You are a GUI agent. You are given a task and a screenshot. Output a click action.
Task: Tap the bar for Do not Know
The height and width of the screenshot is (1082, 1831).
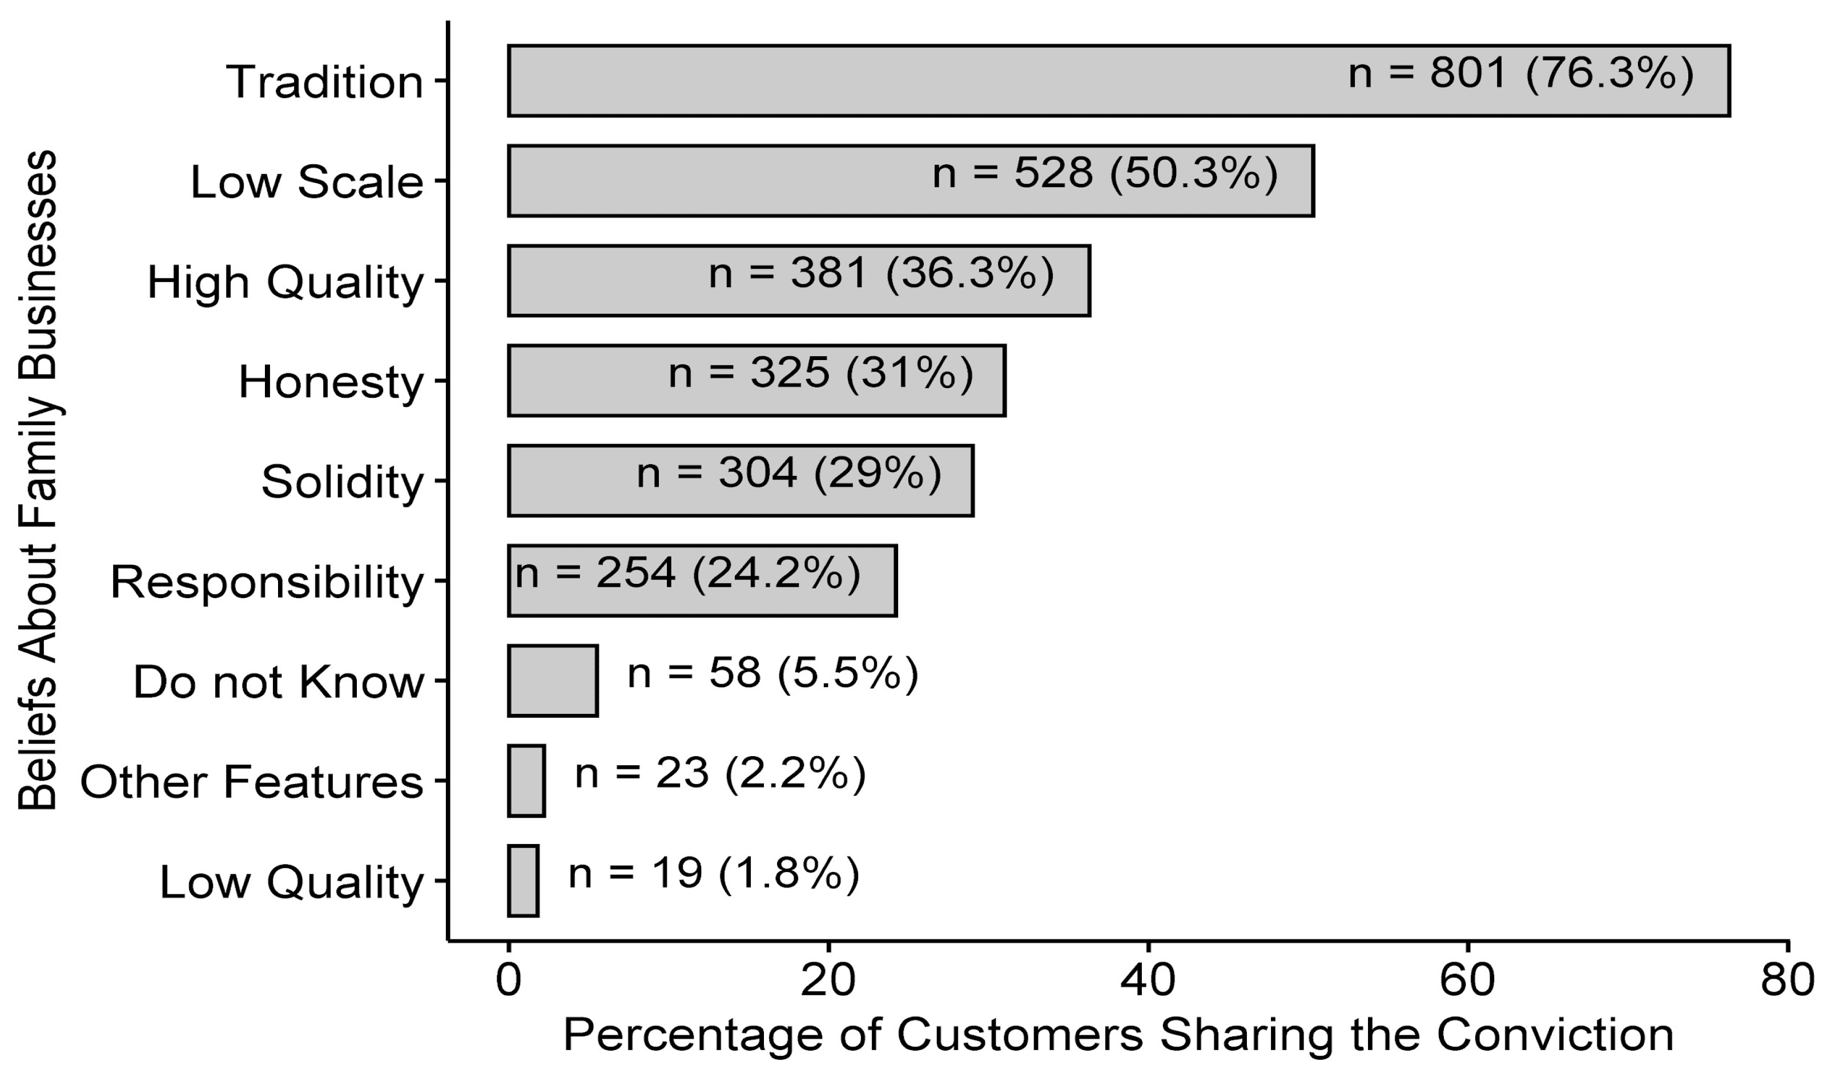[552, 680]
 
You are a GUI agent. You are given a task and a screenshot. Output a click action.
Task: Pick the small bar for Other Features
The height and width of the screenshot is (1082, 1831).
[526, 780]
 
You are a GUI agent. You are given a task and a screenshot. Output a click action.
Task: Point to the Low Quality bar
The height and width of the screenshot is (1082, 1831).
[523, 880]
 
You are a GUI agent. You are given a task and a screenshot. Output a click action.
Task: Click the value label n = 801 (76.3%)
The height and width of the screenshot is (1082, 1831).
[1520, 74]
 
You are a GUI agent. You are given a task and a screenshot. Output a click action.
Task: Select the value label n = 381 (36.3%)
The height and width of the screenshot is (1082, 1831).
[881, 274]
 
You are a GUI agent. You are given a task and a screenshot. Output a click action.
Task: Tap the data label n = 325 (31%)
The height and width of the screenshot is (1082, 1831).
[820, 373]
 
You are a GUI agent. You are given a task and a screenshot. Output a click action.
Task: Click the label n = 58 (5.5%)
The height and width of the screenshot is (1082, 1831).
[772, 672]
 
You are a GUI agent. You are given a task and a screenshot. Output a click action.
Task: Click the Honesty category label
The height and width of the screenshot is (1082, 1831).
[331, 381]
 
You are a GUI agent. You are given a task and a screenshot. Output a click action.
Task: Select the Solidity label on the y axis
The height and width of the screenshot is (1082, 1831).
[342, 481]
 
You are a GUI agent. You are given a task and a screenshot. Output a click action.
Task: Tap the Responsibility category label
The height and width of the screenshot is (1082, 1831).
[267, 582]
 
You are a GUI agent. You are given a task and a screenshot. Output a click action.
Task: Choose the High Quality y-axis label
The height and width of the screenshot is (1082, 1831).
[285, 282]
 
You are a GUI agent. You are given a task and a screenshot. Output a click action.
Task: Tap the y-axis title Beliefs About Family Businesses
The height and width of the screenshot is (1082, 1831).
[38, 480]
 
